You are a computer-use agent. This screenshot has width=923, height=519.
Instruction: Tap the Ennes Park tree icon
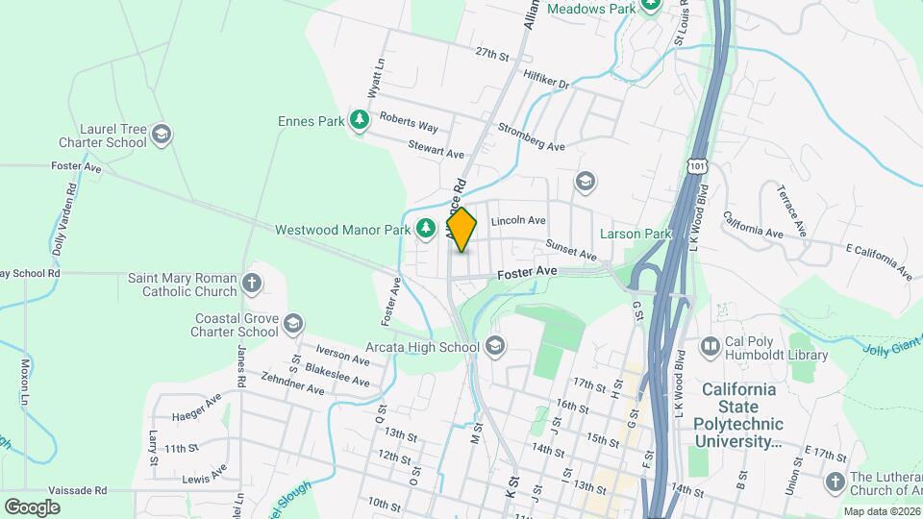point(360,121)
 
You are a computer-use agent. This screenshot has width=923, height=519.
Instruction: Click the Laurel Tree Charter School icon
point(162,134)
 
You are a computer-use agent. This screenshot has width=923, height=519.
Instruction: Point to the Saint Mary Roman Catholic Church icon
point(251,283)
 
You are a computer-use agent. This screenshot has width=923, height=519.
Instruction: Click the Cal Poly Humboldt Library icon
point(711,345)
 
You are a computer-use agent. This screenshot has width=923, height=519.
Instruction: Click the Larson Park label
point(635,234)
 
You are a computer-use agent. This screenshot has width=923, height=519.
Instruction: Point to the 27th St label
point(490,55)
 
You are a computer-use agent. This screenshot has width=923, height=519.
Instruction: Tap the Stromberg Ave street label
point(531,136)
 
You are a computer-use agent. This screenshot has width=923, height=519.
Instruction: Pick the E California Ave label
point(879,261)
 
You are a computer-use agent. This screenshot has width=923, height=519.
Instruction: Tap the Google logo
point(32,507)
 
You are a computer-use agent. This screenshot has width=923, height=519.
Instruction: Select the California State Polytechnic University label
point(738,415)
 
